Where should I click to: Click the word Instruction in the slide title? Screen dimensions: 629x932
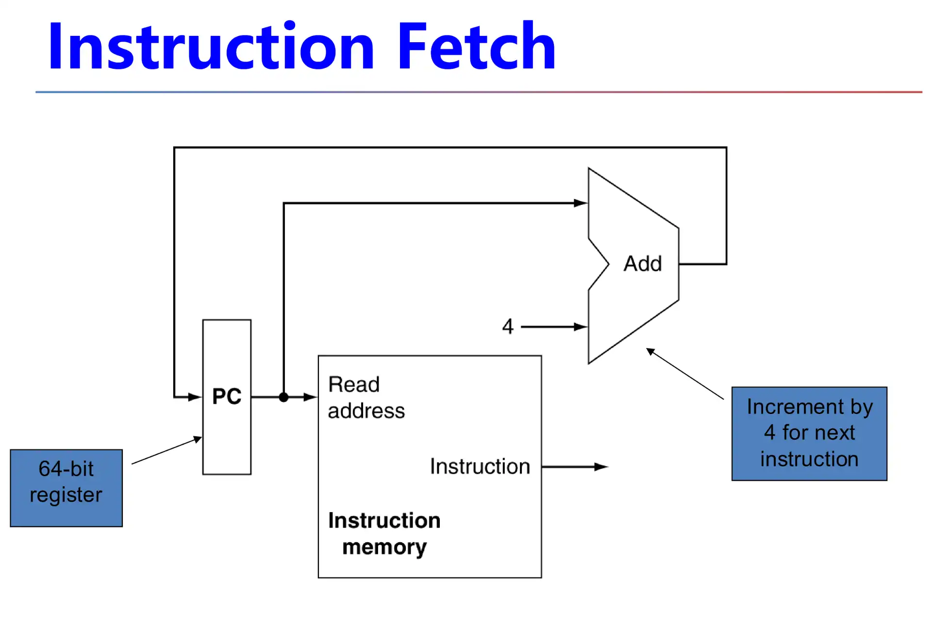(x=211, y=47)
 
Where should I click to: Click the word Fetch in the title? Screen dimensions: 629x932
(x=476, y=47)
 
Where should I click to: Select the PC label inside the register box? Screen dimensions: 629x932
(x=227, y=397)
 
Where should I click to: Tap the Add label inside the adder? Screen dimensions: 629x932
(x=643, y=264)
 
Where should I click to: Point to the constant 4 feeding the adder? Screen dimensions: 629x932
(x=508, y=327)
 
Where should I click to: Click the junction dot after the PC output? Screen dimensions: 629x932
(x=284, y=397)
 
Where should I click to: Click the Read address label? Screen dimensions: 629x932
(x=366, y=397)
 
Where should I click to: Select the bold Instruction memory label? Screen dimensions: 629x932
(x=384, y=533)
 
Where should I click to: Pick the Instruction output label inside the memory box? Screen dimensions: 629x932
(x=480, y=466)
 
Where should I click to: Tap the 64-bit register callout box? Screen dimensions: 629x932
(x=67, y=488)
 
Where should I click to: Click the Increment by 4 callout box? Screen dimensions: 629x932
(x=809, y=433)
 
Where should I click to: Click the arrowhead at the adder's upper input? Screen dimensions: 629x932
(x=581, y=203)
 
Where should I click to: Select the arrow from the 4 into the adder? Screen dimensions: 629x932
(x=553, y=327)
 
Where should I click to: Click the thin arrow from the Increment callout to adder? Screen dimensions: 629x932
(x=684, y=374)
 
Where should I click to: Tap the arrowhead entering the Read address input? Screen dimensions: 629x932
(x=310, y=397)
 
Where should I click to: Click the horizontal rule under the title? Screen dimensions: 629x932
(x=478, y=92)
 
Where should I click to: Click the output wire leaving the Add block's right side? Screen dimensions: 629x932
(x=702, y=264)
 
